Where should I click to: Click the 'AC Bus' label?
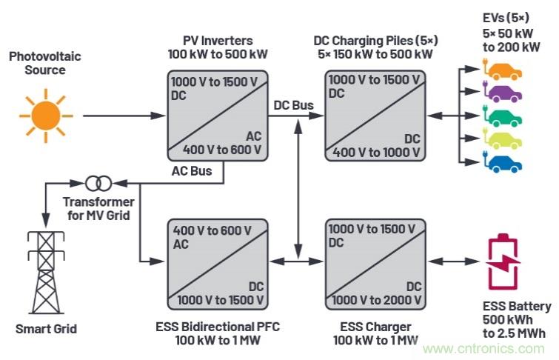[x=192, y=172]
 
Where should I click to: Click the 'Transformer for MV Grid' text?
[x=98, y=209]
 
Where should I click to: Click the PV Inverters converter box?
[x=216, y=115]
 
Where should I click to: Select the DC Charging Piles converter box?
[x=374, y=115]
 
